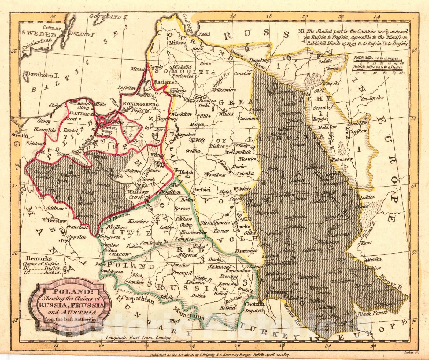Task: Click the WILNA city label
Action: pyautogui.click(x=227, y=114)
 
